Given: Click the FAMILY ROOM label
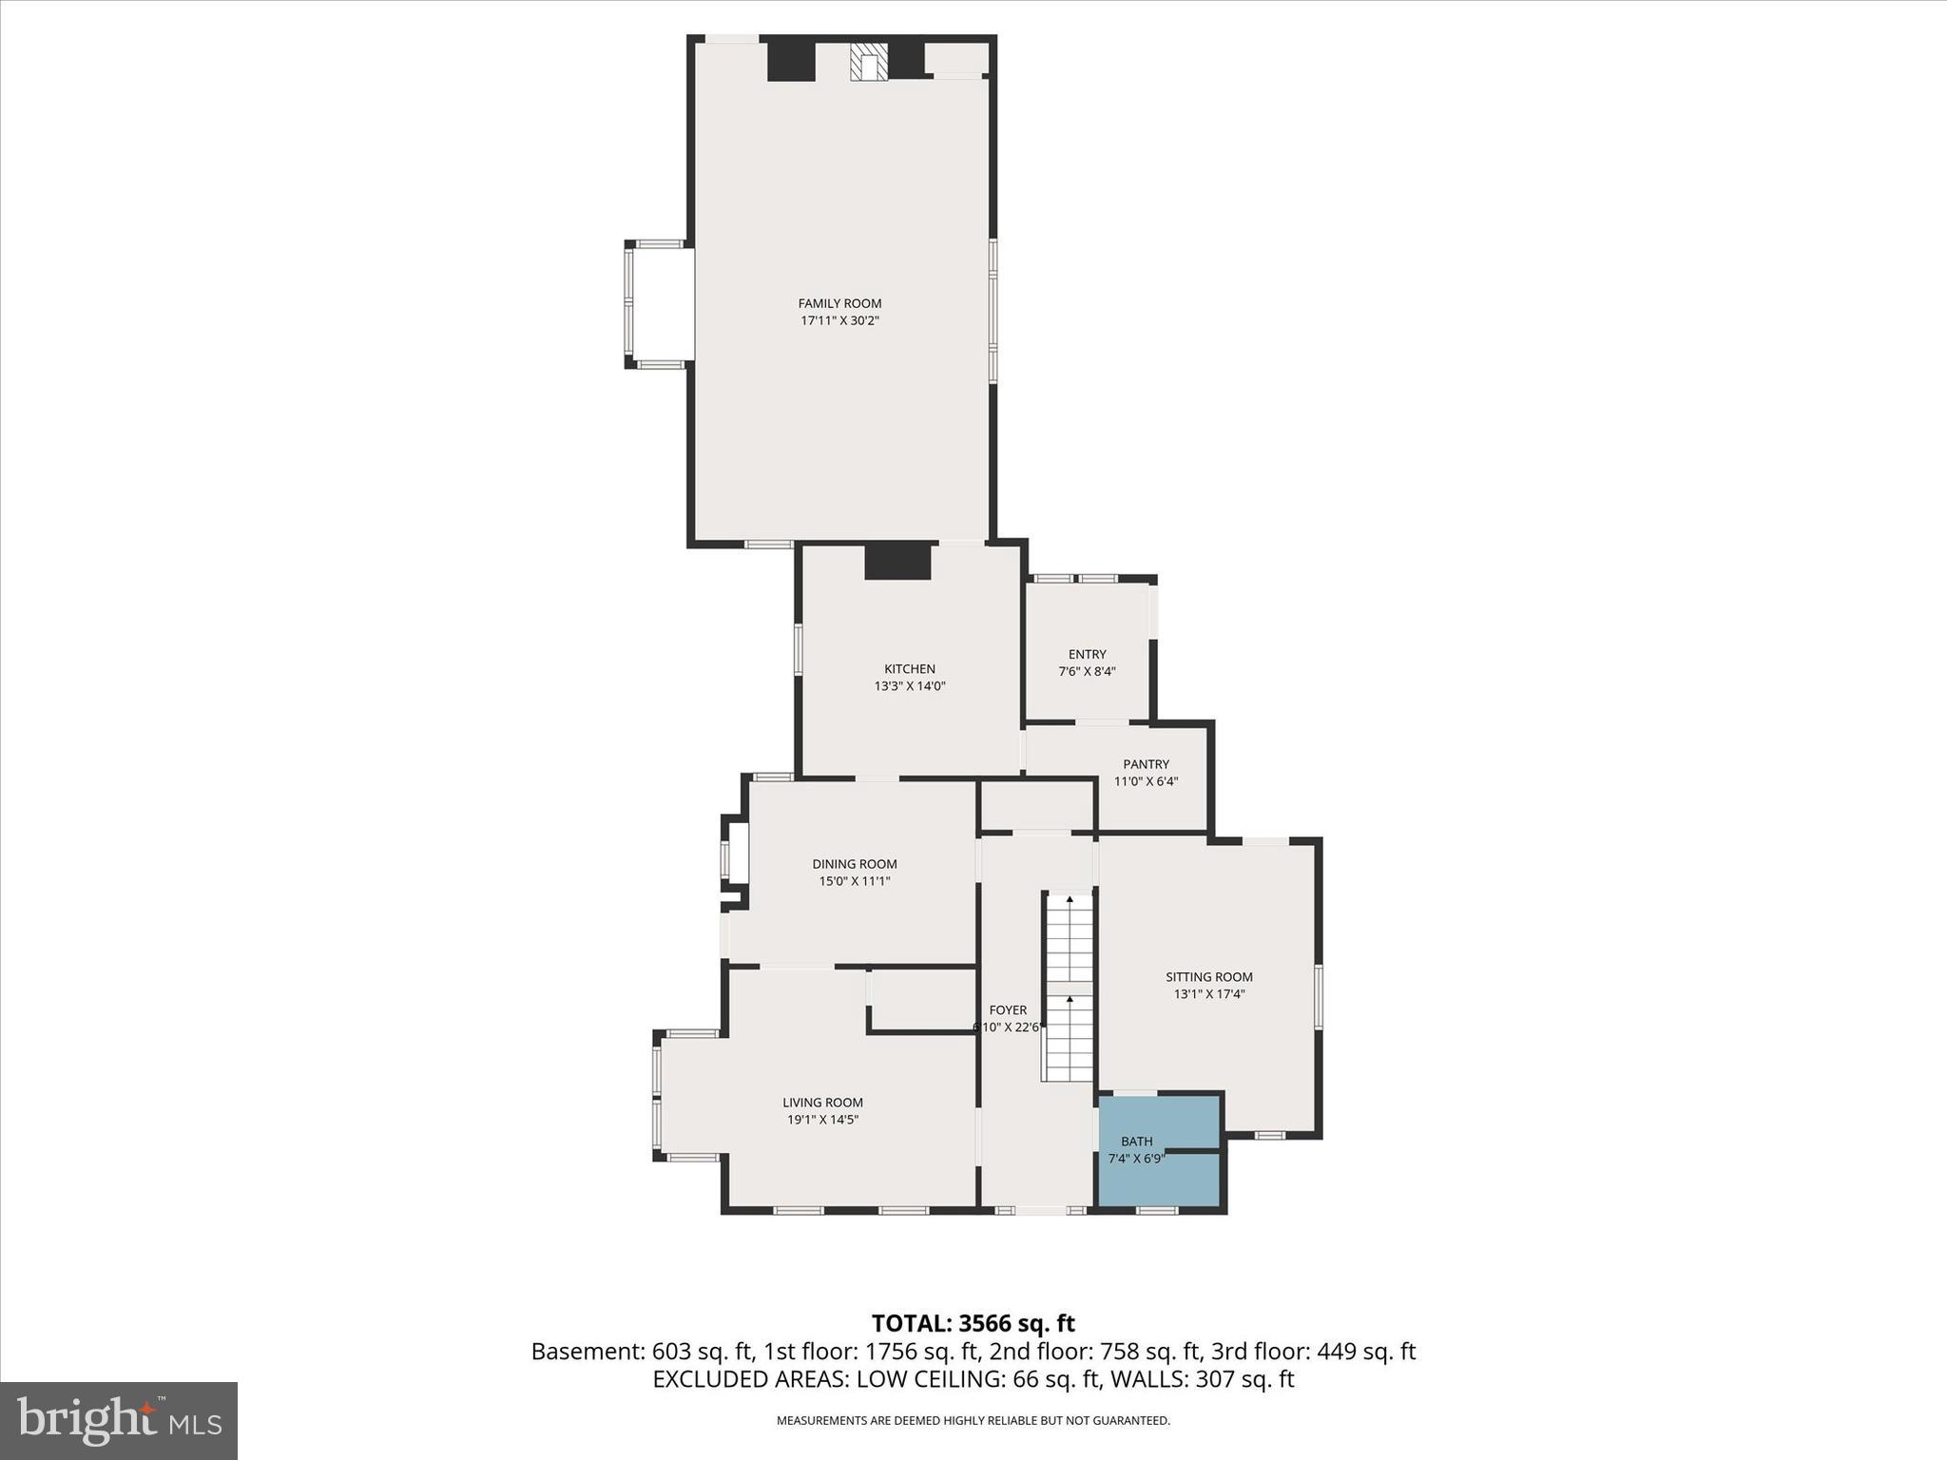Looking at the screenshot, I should (x=839, y=303).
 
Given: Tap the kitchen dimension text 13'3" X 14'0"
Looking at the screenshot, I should (x=910, y=686).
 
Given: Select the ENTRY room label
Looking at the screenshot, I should (x=1087, y=654).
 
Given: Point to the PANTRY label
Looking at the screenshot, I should (x=1146, y=764).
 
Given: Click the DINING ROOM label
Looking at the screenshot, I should (x=854, y=864).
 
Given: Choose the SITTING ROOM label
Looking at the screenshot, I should (x=1208, y=976).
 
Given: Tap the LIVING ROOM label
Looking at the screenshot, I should (x=822, y=1103).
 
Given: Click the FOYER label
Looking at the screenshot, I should (x=1008, y=1010).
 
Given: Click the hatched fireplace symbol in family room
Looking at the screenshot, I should (x=869, y=63).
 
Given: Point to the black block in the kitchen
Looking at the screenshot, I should (x=896, y=560).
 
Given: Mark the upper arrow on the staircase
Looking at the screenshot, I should (x=1070, y=898).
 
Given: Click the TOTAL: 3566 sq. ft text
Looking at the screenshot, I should (x=973, y=1323).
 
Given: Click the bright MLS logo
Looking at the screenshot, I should (x=119, y=1420).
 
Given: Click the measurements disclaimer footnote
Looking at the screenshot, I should (x=973, y=1421).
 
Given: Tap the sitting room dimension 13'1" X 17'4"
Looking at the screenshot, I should (x=1208, y=994).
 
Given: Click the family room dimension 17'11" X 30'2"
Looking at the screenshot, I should (x=839, y=321).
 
